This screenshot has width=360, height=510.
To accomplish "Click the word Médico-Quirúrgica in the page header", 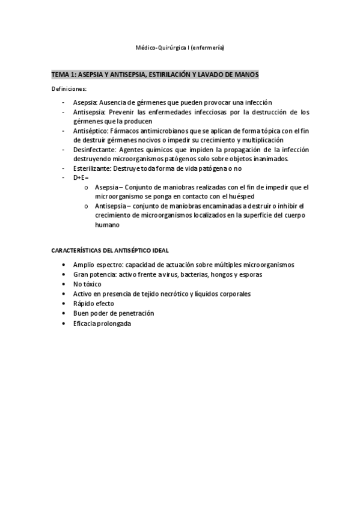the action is click(158, 47).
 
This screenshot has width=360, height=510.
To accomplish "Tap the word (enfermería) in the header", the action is click(208, 47).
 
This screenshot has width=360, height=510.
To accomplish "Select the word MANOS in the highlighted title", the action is click(245, 74).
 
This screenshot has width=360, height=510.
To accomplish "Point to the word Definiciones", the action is click(69, 89).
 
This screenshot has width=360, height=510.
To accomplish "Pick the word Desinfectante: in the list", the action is click(96, 149).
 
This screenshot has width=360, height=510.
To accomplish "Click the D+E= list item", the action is click(81, 178).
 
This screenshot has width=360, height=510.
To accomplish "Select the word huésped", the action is click(256, 197).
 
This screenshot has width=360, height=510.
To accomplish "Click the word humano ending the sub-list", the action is click(107, 225).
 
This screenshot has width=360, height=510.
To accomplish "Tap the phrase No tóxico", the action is click(87, 284).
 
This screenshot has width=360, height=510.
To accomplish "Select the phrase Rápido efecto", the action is click(93, 304).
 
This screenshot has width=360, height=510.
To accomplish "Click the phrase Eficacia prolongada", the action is click(102, 323).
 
